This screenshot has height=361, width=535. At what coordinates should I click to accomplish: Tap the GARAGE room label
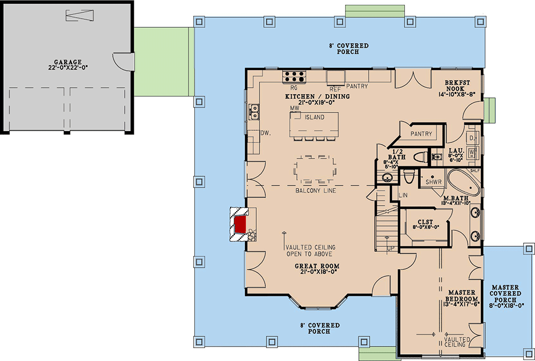[x=68, y=62]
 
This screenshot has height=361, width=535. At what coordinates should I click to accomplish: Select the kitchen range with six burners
[x=294, y=77]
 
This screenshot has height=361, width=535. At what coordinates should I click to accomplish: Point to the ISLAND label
[x=315, y=117]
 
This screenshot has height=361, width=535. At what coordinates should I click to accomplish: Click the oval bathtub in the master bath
[x=464, y=182]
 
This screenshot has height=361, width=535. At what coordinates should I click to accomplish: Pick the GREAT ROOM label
[x=317, y=266]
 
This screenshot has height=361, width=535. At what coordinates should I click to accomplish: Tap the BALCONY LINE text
[x=316, y=191]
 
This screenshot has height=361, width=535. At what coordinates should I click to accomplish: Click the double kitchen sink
[x=254, y=112]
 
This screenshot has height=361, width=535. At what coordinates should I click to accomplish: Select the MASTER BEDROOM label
[x=462, y=296]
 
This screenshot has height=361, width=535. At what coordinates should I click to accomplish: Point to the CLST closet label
[x=425, y=222]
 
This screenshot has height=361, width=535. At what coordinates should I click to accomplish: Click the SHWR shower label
[x=434, y=183]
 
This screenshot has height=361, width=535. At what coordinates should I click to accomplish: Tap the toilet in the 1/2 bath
[x=421, y=157]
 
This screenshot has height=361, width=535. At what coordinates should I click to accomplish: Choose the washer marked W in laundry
[x=472, y=151]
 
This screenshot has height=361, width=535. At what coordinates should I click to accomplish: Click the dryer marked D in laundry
[x=472, y=138]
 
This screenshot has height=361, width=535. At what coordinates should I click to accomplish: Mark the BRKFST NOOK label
[x=457, y=86]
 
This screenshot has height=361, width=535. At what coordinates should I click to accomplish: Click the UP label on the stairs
[x=391, y=249]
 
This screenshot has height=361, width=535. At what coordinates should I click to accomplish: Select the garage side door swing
[x=124, y=62]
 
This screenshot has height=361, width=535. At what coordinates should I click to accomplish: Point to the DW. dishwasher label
[x=265, y=133]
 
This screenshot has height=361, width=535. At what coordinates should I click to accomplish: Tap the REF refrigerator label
[x=335, y=89]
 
